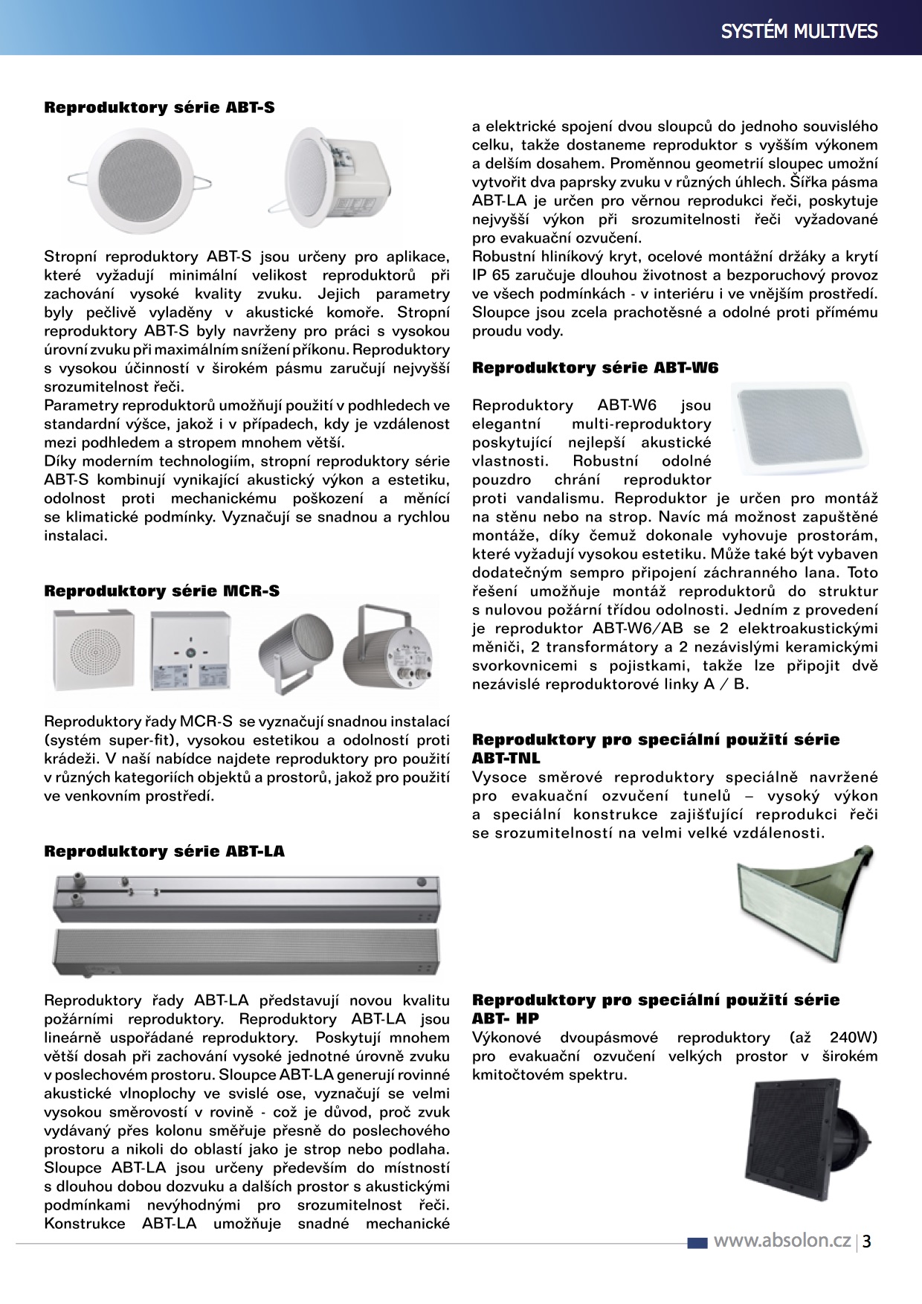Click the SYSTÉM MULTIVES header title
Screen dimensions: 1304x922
coord(799,31)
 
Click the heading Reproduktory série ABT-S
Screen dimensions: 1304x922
coord(159,108)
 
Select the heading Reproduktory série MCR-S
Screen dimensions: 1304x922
coord(161,591)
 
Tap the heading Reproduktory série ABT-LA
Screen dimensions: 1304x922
coord(164,852)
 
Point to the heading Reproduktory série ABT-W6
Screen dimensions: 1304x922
coord(595,368)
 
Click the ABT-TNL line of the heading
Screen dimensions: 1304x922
coord(506,759)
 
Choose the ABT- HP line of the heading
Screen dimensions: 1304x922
coord(506,1019)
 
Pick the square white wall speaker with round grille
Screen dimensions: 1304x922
coord(94,649)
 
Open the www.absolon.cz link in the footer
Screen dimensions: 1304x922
coord(781,1241)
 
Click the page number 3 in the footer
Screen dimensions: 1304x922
coord(867,1242)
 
